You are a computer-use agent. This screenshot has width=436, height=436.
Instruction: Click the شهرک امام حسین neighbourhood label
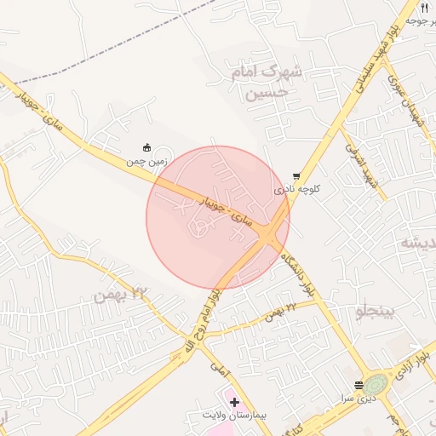tap(267, 82)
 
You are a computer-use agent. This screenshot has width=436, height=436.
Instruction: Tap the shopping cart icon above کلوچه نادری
tap(296, 176)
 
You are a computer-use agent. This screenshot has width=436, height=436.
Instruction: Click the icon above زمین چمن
tap(147, 146)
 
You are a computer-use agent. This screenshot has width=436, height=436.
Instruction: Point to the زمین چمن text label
tap(147, 159)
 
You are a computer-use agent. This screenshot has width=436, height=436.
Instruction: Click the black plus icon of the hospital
tap(234, 401)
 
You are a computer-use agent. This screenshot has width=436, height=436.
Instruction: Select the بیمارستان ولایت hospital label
tap(234, 415)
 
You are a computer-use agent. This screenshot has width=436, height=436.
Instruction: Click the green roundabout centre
tap(376, 384)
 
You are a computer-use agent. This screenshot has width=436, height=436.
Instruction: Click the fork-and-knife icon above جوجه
tap(424, 7)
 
